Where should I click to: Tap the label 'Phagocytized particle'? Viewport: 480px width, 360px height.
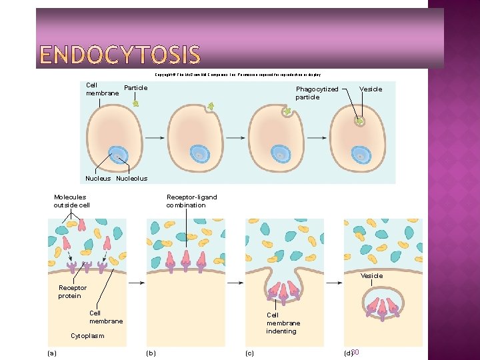click(317, 93)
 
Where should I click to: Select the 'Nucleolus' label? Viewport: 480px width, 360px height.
click(131, 179)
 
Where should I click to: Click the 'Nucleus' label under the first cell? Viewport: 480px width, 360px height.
click(98, 179)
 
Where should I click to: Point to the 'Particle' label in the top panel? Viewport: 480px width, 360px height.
click(136, 88)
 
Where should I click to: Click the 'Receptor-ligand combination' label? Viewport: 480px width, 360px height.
click(191, 201)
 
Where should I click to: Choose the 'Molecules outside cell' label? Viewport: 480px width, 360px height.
click(71, 201)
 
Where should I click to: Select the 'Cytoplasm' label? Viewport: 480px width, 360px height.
click(87, 336)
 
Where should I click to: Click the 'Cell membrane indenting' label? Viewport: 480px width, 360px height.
click(283, 323)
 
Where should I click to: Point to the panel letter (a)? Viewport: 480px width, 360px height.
click(51, 353)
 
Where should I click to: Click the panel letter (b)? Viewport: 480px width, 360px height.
click(151, 353)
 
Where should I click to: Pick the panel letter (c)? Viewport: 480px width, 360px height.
click(249, 353)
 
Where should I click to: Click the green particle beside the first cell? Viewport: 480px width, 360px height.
click(135, 103)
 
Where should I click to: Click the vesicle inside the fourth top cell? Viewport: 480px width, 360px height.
click(360, 121)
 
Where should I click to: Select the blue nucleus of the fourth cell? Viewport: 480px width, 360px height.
click(362, 155)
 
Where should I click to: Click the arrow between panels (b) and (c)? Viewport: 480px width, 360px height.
click(235, 283)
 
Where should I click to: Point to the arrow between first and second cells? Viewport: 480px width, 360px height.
click(155, 138)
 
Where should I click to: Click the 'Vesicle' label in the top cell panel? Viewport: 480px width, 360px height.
click(371, 89)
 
